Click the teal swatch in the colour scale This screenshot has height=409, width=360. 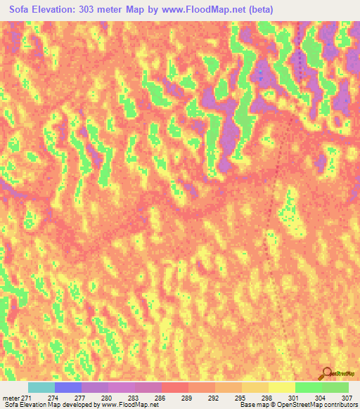[x=41, y=387]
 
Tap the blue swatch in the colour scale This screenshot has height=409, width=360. [x=68, y=387]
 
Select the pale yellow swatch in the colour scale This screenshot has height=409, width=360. [x=281, y=387]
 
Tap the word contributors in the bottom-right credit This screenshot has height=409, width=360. [x=340, y=405]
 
